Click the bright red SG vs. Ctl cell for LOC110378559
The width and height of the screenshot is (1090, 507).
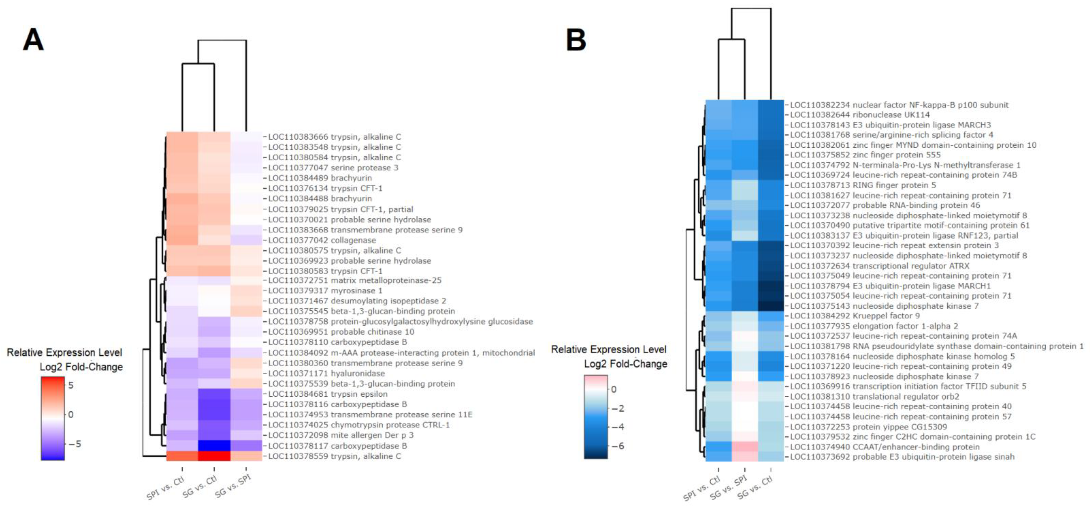[214, 456]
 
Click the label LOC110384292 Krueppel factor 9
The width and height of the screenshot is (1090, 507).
[855, 316]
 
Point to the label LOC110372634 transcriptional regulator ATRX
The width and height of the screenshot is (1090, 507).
[879, 265]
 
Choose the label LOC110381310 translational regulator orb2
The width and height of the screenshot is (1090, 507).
[874, 396]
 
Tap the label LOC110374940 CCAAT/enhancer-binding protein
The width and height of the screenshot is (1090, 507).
[884, 447]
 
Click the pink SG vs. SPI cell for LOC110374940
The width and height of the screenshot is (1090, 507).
[745, 447]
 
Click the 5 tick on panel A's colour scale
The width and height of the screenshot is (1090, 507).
[71, 385]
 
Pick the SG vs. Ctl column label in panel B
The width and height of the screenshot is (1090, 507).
[755, 488]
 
